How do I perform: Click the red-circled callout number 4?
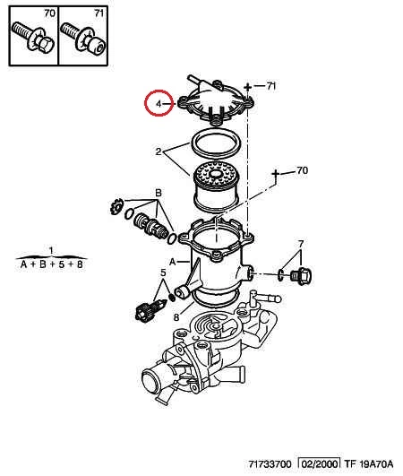click(x=159, y=104)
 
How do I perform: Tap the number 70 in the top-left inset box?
click(x=50, y=13)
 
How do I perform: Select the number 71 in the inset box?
click(x=99, y=13)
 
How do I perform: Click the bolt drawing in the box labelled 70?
click(x=33, y=38)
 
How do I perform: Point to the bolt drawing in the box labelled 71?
click(x=82, y=38)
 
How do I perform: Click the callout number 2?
click(x=159, y=151)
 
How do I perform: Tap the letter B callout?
click(x=159, y=193)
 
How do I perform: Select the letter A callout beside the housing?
click(x=173, y=262)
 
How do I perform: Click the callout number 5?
click(x=163, y=273)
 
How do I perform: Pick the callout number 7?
click(x=301, y=244)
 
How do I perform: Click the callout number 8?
click(x=176, y=317)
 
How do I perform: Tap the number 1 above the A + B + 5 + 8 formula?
click(x=51, y=251)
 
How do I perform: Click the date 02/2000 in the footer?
click(x=319, y=464)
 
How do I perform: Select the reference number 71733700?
click(x=270, y=464)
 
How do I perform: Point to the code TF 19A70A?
click(x=368, y=464)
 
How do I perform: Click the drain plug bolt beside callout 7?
click(x=302, y=276)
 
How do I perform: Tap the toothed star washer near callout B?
click(x=116, y=206)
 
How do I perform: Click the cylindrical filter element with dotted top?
click(x=216, y=188)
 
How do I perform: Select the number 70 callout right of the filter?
click(x=303, y=170)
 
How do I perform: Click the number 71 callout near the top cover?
click(x=271, y=86)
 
